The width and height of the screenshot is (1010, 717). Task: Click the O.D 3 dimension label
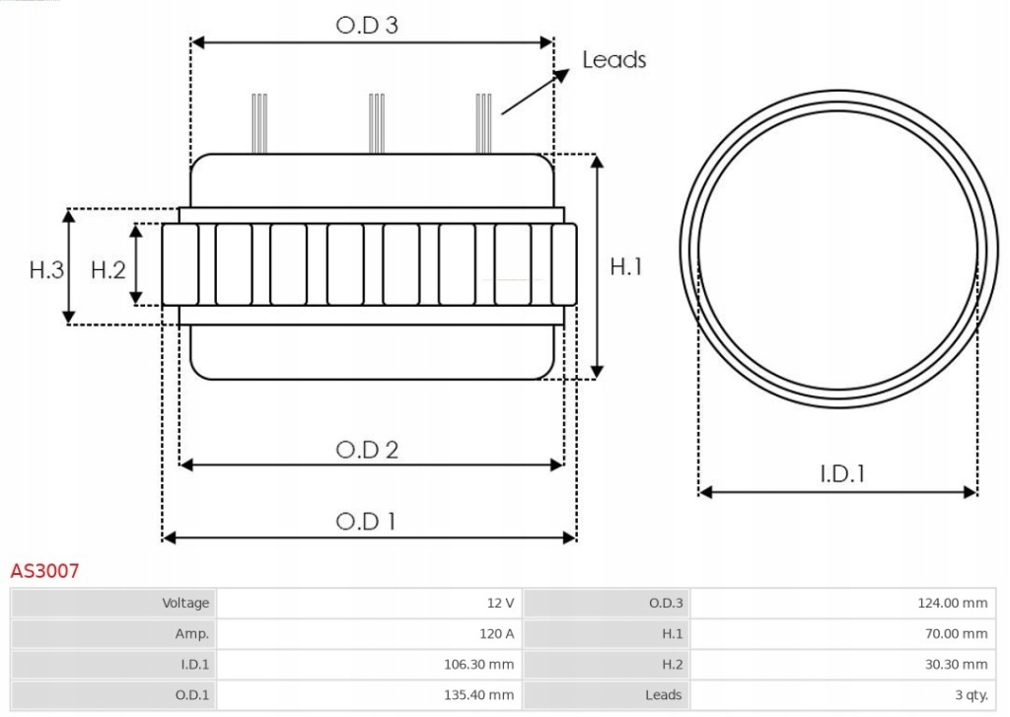click(x=367, y=26)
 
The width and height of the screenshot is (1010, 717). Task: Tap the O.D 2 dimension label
click(x=367, y=450)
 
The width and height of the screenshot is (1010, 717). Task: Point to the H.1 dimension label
click(x=626, y=266)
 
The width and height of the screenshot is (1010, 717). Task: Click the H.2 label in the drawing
click(x=108, y=269)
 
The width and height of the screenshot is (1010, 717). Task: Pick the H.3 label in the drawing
click(x=46, y=269)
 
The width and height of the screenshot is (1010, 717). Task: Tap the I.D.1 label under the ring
click(x=842, y=474)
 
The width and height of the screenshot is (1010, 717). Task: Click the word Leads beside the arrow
click(x=613, y=60)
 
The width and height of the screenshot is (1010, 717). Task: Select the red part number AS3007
click(x=44, y=571)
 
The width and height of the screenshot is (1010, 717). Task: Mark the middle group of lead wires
click(x=375, y=122)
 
